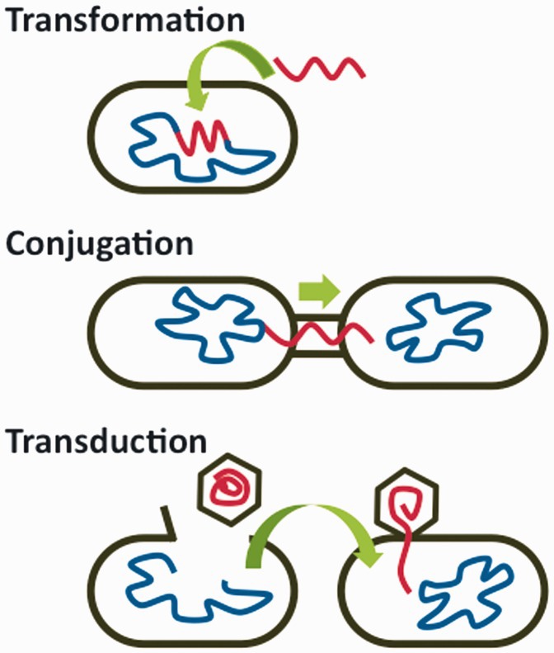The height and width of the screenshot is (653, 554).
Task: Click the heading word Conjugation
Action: tap(100, 244)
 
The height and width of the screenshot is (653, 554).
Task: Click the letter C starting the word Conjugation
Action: tap(19, 244)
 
